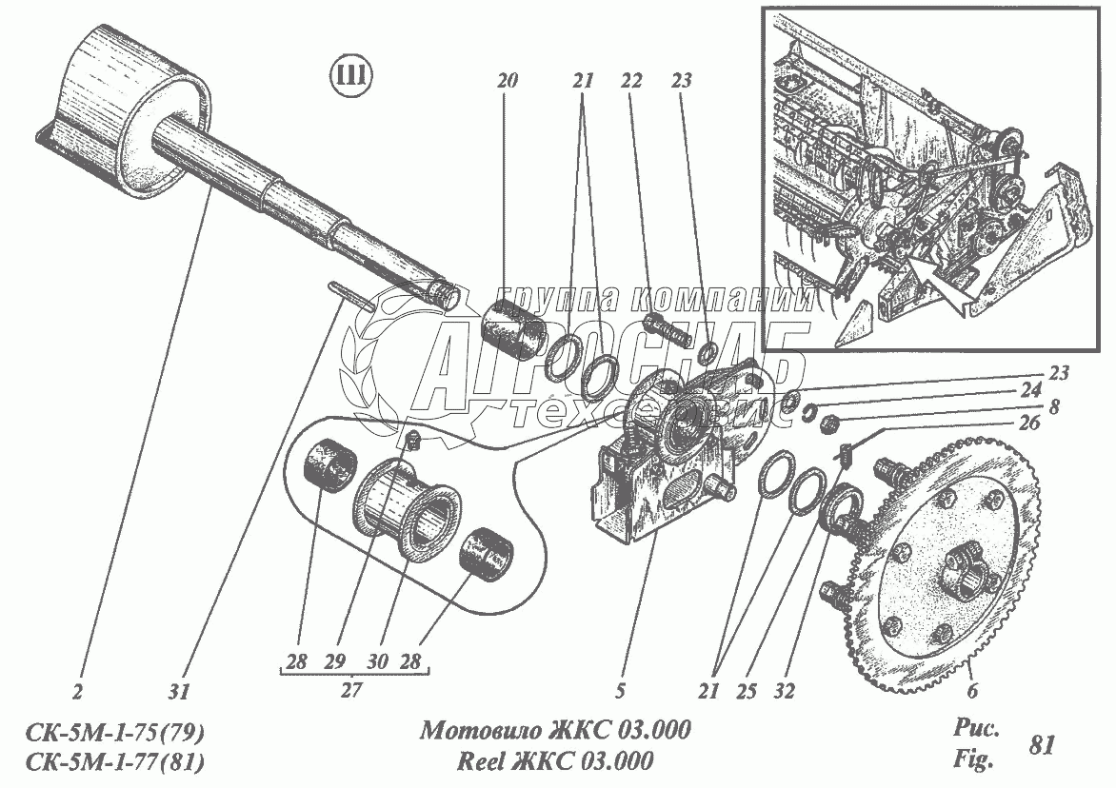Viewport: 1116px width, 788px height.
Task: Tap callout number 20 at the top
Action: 506,82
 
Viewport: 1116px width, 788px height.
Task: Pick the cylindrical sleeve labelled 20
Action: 512,328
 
